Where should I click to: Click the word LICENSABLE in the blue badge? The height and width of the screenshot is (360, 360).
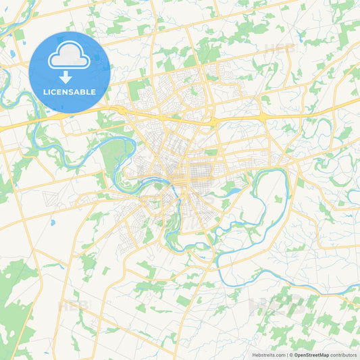point(70,91)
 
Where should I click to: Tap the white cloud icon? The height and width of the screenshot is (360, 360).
point(70,56)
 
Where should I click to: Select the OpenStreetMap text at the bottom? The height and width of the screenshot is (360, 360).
point(311,354)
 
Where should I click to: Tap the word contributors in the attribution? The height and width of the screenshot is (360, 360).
point(343,354)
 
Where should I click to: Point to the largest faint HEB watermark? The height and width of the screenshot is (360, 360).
point(277,304)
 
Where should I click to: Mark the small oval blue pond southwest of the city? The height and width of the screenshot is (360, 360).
point(52,221)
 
